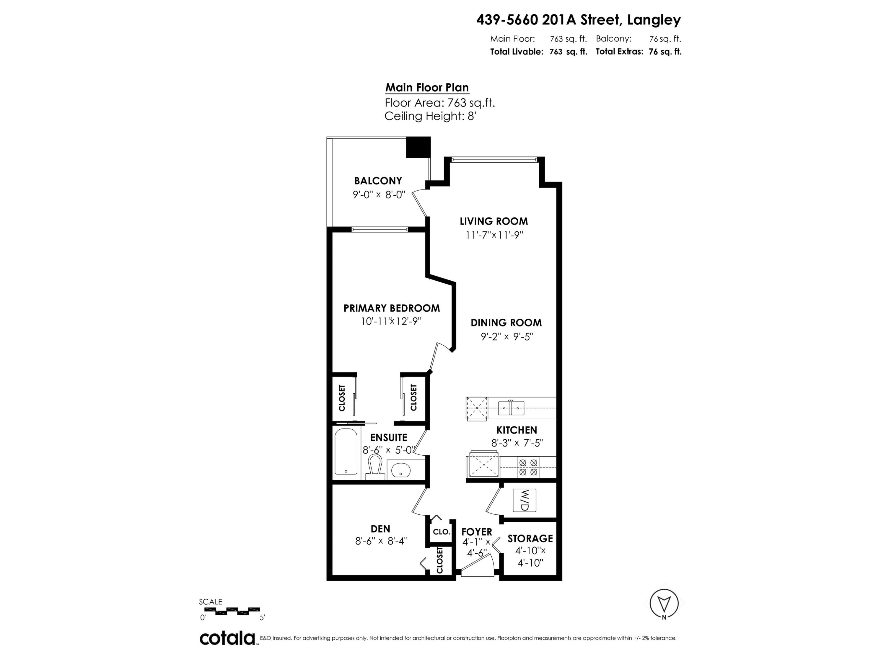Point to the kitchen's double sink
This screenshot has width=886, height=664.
pyautogui.click(x=511, y=408)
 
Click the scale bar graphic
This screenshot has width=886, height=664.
pyautogui.click(x=229, y=611)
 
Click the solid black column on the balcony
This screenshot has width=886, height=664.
pyautogui.click(x=418, y=147)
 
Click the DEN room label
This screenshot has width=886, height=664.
pyautogui.click(x=380, y=529)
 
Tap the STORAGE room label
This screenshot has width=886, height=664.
pyautogui.click(x=530, y=538)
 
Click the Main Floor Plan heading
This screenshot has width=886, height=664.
pyautogui.click(x=427, y=87)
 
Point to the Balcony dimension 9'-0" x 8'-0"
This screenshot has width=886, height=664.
pyautogui.click(x=379, y=195)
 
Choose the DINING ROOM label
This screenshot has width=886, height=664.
pyautogui.click(x=506, y=323)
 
